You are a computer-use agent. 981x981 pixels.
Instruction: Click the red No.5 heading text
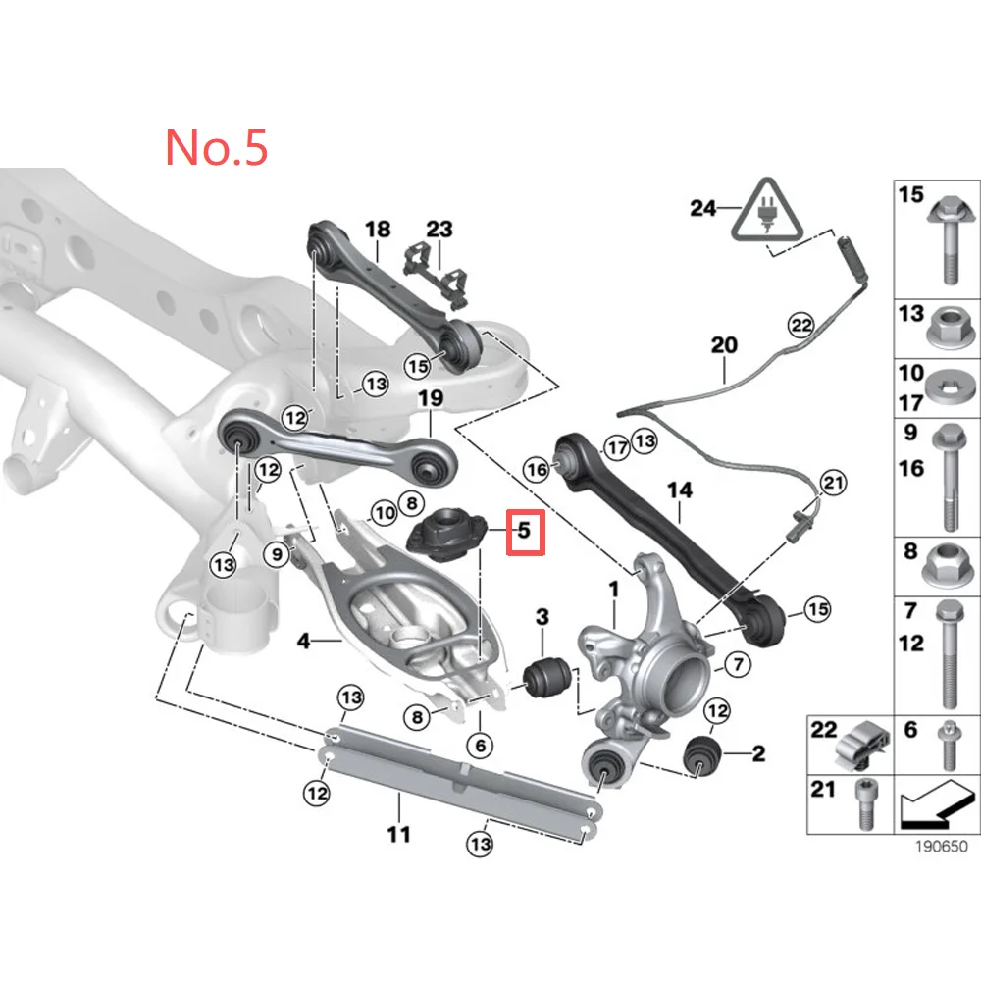[x=216, y=146]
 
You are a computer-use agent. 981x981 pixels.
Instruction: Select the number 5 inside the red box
[x=524, y=532]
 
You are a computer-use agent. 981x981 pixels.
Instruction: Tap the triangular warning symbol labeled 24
[x=767, y=212]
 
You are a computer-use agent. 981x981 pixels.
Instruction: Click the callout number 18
[x=378, y=230]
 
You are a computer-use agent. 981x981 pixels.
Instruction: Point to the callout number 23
[x=439, y=230]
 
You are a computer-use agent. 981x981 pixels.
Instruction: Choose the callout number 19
[x=431, y=398]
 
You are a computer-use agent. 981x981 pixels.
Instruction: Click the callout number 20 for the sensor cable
[x=723, y=345]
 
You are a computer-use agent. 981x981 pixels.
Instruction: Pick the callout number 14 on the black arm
[x=679, y=488]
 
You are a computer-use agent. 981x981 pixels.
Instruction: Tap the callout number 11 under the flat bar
[x=398, y=835]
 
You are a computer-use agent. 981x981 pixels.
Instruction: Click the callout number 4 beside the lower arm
[x=303, y=642]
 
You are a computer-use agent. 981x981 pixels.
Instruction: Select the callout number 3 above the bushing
[x=542, y=617]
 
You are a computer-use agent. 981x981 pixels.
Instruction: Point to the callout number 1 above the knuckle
[x=615, y=592]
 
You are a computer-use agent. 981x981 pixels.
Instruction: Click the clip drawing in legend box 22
[x=860, y=749]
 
